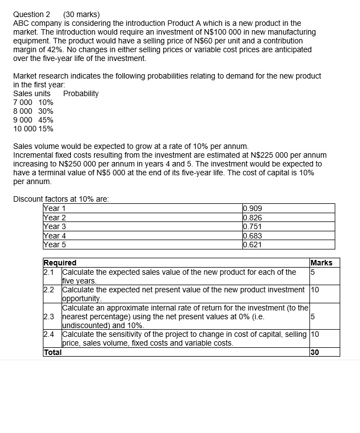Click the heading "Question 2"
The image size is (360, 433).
click(31, 14)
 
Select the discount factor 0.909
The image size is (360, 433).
click(252, 209)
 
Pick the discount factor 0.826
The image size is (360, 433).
click(252, 218)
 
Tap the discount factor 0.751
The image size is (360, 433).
click(252, 227)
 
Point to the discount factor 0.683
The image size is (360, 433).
click(252, 236)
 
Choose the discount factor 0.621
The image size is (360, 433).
click(252, 245)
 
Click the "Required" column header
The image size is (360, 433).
click(60, 263)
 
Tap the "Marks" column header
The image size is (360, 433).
click(322, 263)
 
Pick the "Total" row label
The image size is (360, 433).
click(52, 352)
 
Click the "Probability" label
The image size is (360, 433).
click(81, 93)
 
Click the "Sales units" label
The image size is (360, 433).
click(32, 93)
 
